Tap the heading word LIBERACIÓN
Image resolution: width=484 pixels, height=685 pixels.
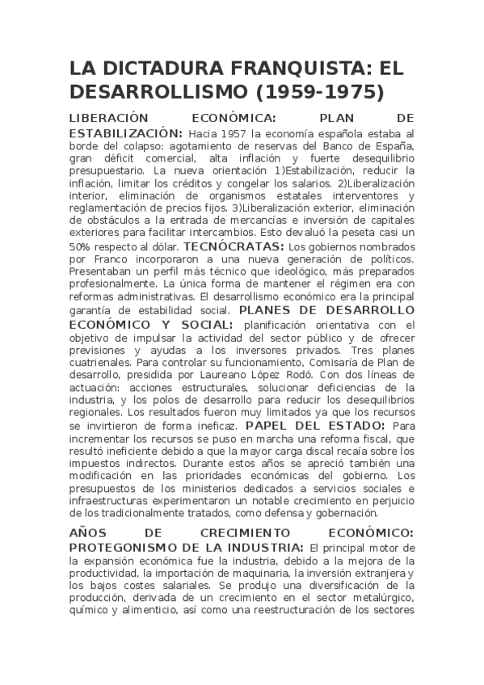pos(110,118)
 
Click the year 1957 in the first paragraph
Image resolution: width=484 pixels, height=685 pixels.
pos(232,133)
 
